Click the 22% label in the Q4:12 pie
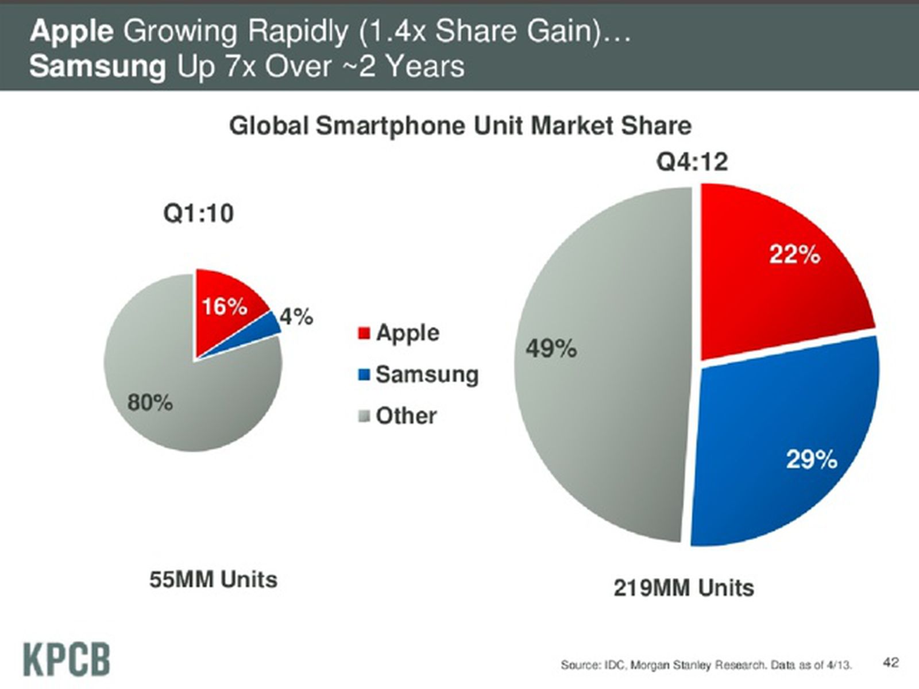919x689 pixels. [x=794, y=254]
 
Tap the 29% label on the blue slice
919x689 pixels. [x=811, y=459]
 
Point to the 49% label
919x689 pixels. [x=551, y=349]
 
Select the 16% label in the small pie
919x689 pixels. [x=224, y=307]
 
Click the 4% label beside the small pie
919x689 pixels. [x=296, y=316]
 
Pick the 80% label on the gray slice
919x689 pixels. [x=150, y=403]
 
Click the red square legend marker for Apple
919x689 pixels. [x=364, y=333]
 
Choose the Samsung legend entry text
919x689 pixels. [x=427, y=374]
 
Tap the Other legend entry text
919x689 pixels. [x=406, y=416]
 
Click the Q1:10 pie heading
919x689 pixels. [x=199, y=214]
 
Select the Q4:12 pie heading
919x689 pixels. [x=692, y=162]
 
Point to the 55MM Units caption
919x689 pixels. [x=213, y=579]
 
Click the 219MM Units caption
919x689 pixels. [x=684, y=588]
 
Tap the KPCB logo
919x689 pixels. [x=67, y=660]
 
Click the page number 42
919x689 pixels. [x=890, y=662]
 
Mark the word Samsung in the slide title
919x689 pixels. [x=98, y=67]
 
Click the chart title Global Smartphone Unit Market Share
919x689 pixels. [x=460, y=126]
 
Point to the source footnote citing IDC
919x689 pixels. [x=706, y=665]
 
